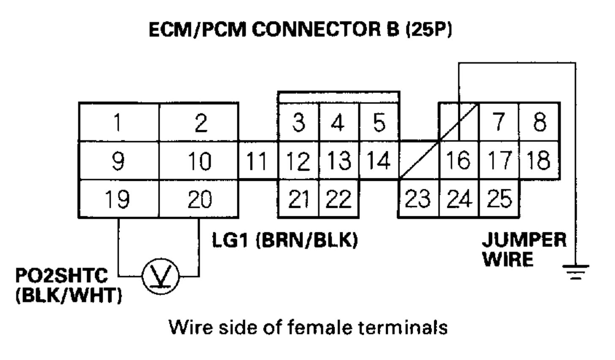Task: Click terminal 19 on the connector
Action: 118,199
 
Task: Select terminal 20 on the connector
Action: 199,199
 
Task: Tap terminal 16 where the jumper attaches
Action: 459,161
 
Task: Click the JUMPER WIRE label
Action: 524,249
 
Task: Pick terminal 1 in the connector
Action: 118,123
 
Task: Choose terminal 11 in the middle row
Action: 257,161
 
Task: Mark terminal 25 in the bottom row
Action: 499,199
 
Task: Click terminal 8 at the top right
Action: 539,123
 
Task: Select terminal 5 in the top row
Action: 379,123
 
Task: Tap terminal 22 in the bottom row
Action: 339,199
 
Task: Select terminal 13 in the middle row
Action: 339,161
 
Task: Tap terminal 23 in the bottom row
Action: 418,199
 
